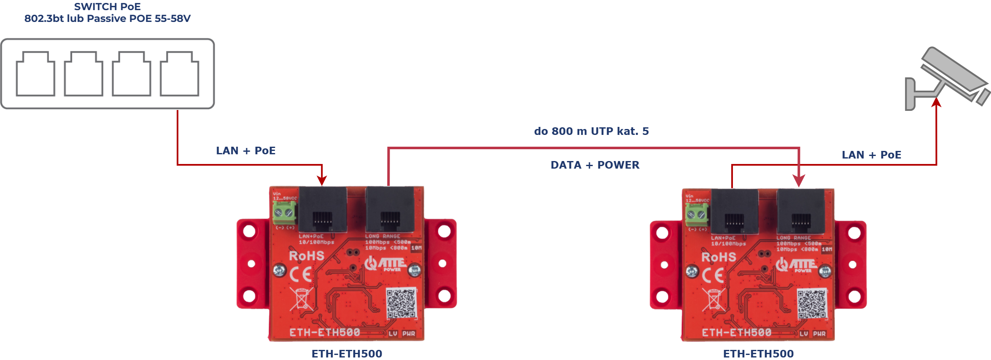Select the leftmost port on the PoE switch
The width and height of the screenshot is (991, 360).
coord(35,74)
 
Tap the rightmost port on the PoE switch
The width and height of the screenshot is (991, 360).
coord(180,74)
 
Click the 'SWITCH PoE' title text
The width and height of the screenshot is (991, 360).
coord(107,7)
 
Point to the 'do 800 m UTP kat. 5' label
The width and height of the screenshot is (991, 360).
coord(591,131)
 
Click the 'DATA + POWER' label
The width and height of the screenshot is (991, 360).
coord(595,165)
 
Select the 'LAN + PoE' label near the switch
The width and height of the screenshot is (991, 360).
coord(245,150)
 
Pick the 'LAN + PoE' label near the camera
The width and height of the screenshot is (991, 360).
coord(871,155)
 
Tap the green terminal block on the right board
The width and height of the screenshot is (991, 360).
coord(697,214)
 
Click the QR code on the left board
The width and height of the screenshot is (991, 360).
coord(401,303)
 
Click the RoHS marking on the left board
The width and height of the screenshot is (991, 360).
coord(306,256)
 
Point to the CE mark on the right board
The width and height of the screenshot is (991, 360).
coord(713,275)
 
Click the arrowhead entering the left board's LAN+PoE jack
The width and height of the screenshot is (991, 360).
coord(322,180)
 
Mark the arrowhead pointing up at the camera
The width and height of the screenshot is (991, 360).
coord(936,103)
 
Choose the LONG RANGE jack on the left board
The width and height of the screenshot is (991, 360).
coord(390,209)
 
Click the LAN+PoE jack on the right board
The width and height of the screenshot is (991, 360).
coord(734,211)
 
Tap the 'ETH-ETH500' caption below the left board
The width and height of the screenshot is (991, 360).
coord(347,354)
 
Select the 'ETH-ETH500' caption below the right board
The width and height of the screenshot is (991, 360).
coord(758,354)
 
